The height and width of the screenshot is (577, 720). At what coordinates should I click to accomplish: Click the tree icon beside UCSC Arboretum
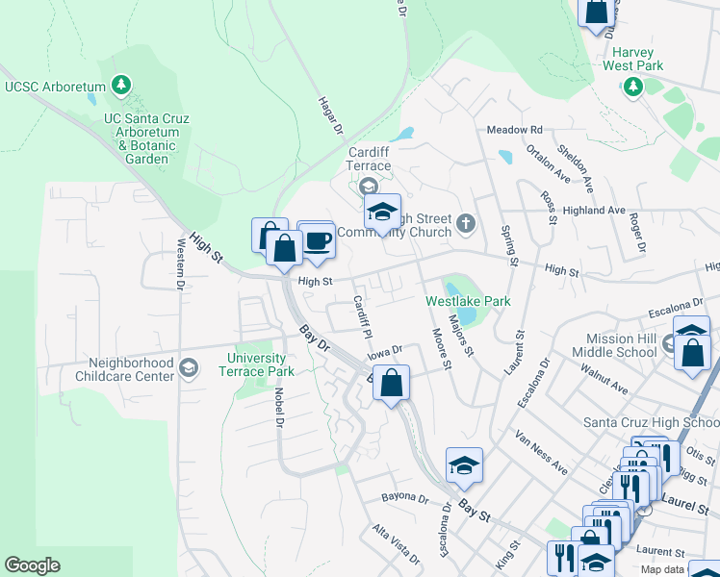tap(121, 87)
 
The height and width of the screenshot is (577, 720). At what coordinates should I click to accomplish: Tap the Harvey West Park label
tap(632, 59)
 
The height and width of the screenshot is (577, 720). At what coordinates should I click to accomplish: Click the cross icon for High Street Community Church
tap(466, 224)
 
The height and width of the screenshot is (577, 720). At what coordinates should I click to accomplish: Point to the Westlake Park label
tap(468, 301)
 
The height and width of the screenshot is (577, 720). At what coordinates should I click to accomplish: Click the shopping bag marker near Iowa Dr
tap(391, 384)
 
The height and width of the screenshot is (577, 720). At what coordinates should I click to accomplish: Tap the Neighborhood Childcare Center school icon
tap(190, 367)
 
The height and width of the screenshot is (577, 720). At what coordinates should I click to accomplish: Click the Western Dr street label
tap(180, 264)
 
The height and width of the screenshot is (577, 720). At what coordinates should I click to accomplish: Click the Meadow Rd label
tap(515, 130)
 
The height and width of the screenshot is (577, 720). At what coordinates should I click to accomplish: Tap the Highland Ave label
tap(596, 211)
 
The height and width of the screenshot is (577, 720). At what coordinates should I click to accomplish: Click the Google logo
tap(32, 565)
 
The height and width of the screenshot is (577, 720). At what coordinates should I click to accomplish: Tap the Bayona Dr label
tap(404, 499)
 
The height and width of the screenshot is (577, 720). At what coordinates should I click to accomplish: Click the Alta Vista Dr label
tap(396, 545)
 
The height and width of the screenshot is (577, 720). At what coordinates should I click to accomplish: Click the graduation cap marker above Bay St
tap(464, 466)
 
